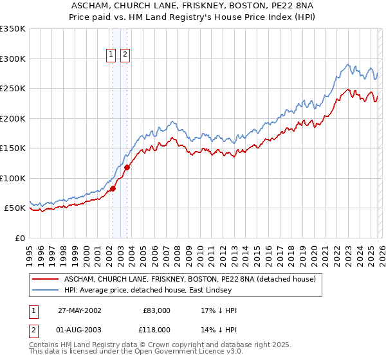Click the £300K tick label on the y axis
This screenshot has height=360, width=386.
click(x=12, y=59)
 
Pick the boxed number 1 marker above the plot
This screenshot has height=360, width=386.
click(x=111, y=55)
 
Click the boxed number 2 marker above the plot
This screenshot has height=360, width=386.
click(x=124, y=55)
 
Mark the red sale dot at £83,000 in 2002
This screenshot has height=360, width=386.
click(x=113, y=188)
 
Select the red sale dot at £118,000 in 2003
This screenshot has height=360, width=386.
click(x=127, y=168)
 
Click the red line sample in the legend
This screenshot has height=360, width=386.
click(x=46, y=280)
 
